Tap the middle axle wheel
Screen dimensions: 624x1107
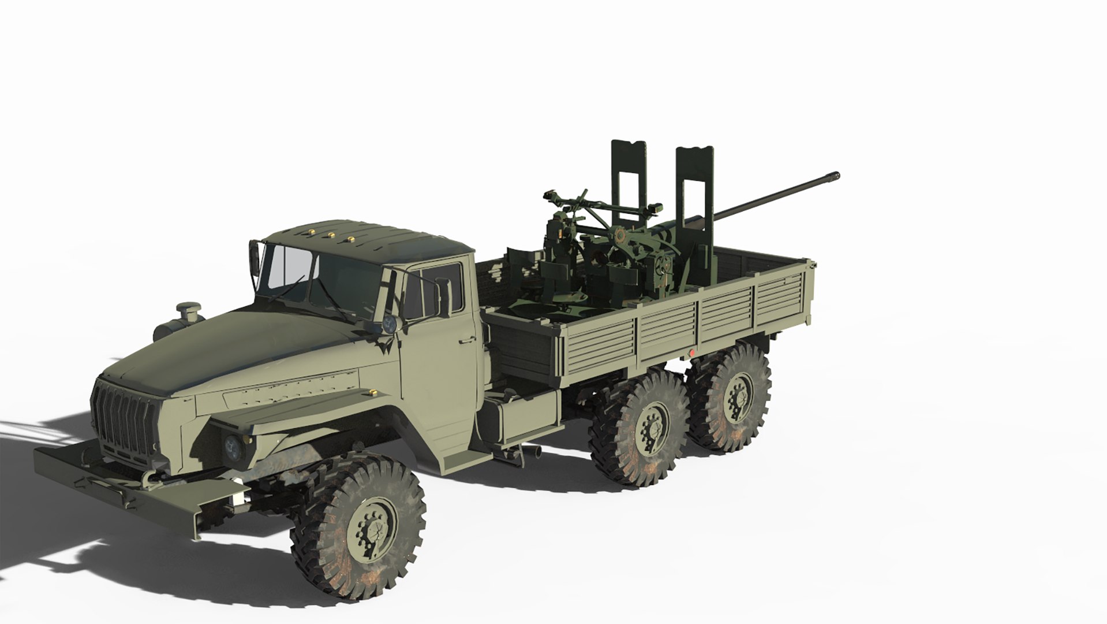point(638,427)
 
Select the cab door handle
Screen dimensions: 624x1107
point(463,341)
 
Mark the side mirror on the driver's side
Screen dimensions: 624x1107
point(443,297)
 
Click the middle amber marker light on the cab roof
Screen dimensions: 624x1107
point(332,235)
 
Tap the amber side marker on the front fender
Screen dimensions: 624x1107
point(372,393)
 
